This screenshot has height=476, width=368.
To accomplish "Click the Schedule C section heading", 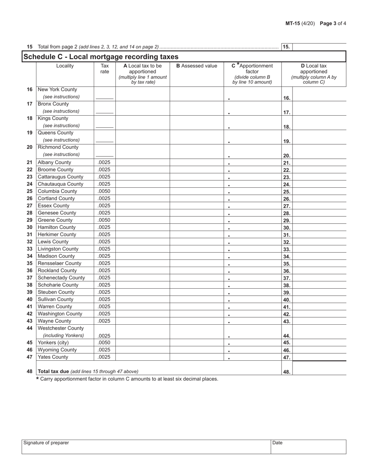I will click(x=101, y=57).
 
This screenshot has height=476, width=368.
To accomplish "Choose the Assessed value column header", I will click(x=196, y=66).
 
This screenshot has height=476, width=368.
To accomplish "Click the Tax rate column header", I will click(x=105, y=68).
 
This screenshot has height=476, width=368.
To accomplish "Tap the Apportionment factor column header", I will click(x=252, y=74).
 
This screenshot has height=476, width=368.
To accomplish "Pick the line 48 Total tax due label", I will click(x=88, y=371).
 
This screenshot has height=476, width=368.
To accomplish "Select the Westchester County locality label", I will click(x=60, y=328).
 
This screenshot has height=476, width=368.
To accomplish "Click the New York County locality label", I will click(x=57, y=90).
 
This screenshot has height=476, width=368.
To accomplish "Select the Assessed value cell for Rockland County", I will click(x=196, y=271).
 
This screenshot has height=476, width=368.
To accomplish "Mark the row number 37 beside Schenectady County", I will click(x=29, y=278).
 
